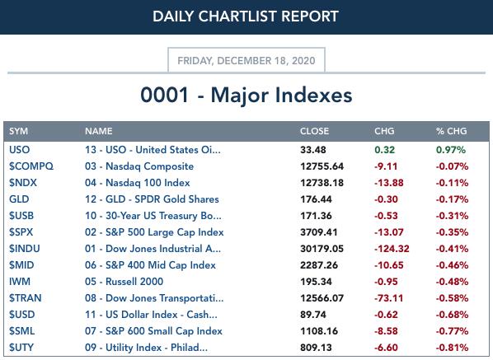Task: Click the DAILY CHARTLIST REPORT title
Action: coord(245,16)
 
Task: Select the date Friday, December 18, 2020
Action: coord(246,60)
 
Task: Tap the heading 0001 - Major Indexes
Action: coord(246,95)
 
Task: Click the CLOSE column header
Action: coord(314,131)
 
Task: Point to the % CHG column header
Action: coord(451,131)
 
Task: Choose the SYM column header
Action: coord(18,131)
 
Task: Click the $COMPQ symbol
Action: coord(31,166)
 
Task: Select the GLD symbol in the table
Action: coord(19,199)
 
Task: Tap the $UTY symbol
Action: coord(21,348)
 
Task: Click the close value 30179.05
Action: coord(322,249)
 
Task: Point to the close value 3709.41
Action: coord(318,232)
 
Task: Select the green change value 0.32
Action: coord(384,150)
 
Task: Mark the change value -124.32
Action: coord(392,249)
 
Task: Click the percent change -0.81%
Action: coord(452,348)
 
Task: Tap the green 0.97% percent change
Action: coord(451,150)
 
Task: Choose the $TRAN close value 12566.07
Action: coord(322,298)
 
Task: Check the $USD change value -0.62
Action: coord(386,315)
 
